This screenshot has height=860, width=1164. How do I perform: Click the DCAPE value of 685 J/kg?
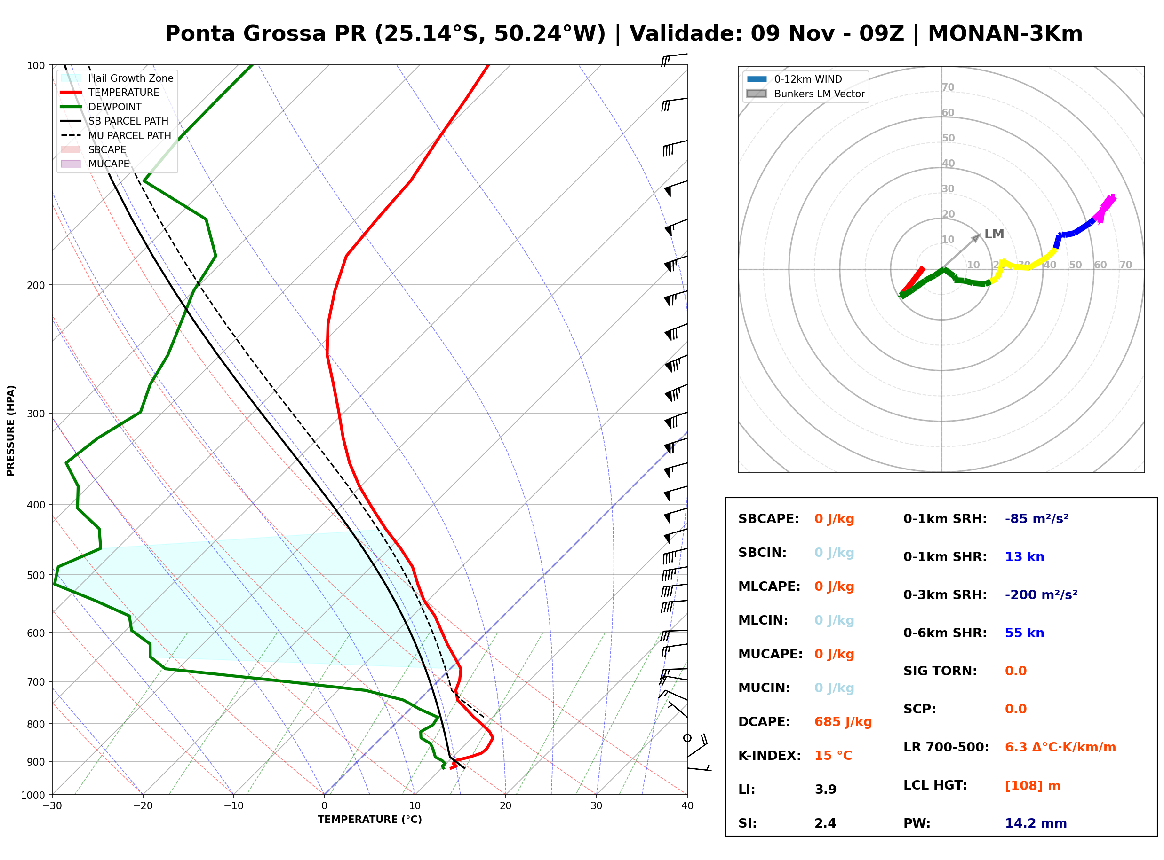point(843,721)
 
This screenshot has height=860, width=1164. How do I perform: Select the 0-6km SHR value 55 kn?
point(1024,633)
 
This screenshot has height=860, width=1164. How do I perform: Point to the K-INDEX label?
point(769,755)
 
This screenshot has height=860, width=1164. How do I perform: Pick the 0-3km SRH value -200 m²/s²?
point(1041,594)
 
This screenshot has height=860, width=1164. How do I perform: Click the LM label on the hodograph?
point(994,234)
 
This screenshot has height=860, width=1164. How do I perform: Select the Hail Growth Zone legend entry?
point(117,78)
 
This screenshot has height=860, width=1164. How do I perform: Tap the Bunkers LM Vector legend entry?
point(805,94)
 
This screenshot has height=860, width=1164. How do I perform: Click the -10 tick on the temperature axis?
point(233,806)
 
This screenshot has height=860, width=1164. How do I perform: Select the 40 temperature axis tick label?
point(687,806)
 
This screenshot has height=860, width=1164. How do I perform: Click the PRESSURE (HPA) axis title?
point(11,430)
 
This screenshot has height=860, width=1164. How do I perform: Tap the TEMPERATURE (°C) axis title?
point(369,820)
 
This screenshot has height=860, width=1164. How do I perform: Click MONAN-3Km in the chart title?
point(1005,34)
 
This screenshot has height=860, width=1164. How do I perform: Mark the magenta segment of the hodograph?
point(1105,208)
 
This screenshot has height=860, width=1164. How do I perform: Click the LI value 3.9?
point(825,789)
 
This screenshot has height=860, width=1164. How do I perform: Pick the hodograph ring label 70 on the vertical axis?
point(948,87)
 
